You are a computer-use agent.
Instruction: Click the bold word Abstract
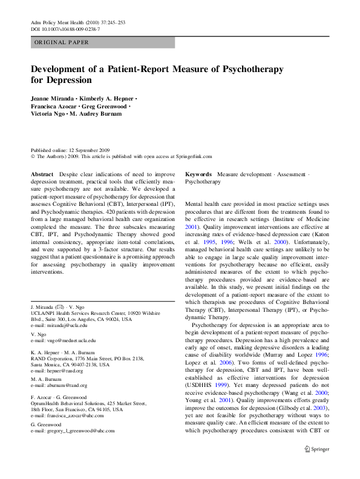(x=42, y=174)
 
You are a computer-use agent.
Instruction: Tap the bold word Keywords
(x=199, y=174)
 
